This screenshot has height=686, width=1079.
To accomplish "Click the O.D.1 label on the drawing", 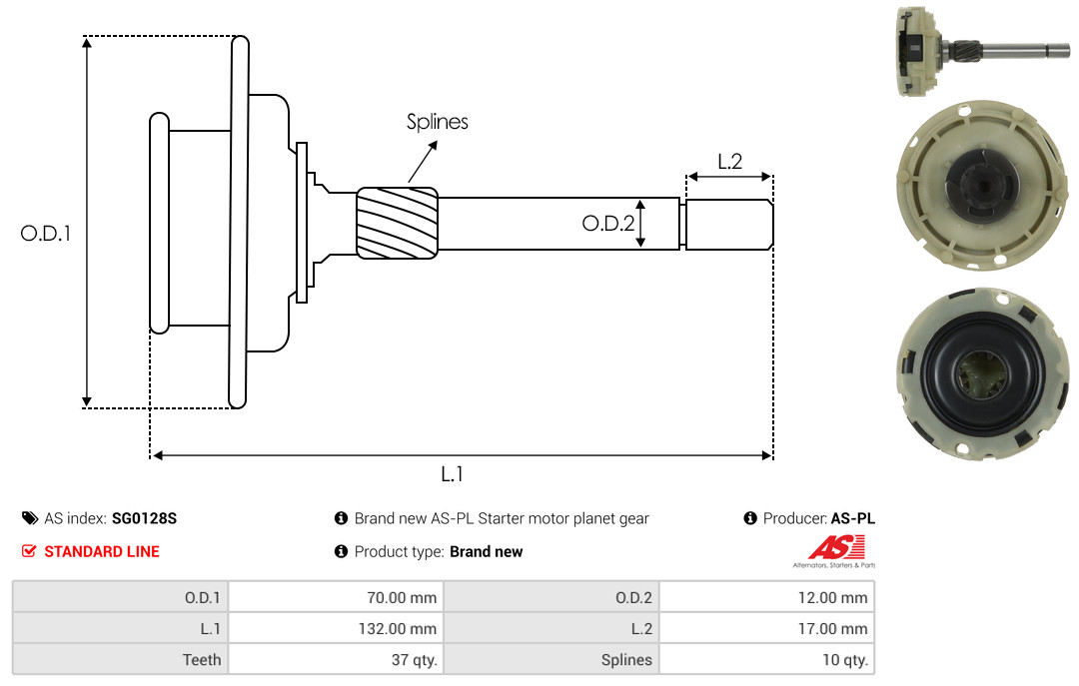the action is pos(45,234).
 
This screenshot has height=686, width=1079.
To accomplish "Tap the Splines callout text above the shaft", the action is pos(437,122).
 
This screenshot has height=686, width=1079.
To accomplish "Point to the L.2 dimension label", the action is pos(729,162).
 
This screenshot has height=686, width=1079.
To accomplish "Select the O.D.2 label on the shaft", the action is pos(607,223).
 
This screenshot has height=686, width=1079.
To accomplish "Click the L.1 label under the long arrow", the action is pos(452,474).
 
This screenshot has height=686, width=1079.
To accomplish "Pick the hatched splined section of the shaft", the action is pos(397,223).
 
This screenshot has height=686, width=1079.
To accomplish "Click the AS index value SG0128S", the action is pos(145,519).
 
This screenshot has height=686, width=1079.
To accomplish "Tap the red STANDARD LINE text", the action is pos(102,552).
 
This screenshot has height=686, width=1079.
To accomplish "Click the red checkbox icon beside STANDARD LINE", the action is pos(29,551).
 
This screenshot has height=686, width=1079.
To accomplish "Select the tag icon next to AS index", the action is pos(30,518).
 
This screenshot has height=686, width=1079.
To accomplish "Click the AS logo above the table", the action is pos(834,551).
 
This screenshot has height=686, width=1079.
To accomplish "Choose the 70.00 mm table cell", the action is pos(337,597).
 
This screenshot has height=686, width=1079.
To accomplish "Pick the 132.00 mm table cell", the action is pos(337,628).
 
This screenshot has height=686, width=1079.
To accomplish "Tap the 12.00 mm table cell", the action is pos(767,597).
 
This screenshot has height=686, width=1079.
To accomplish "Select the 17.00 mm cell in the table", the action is pos(767,628).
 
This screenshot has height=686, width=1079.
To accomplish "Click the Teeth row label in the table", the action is pos(202,660).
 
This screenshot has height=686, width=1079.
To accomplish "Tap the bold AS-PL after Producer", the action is pos(853,519).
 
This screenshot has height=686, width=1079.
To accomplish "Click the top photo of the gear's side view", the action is pos(983,51).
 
